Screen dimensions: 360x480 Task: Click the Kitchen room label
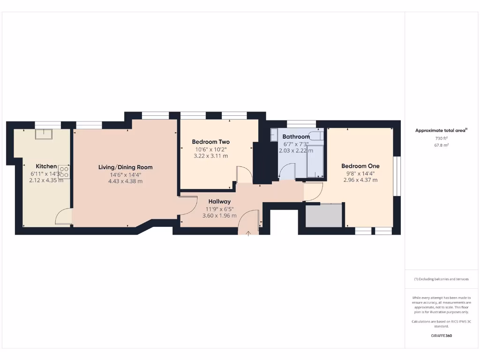pos(46,166)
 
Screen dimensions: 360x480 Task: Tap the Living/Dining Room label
pos(125,167)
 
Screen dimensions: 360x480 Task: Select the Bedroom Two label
pos(210,142)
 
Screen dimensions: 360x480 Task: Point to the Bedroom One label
pos(360,166)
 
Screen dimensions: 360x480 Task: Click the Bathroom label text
pos(296,137)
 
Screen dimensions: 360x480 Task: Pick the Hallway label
pos(219,202)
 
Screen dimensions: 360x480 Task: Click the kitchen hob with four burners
pos(64,172)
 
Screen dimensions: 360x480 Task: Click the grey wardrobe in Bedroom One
pos(324,215)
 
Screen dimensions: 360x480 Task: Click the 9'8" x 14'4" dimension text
pos(360,173)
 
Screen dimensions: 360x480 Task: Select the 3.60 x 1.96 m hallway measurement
pos(219,216)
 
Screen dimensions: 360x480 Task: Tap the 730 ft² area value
pos(442,139)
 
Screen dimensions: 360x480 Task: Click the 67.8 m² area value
pos(442,145)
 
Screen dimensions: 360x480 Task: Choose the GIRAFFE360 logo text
pos(442,336)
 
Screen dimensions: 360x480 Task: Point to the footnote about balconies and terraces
pos(441,279)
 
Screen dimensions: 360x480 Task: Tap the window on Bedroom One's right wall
pos(396,176)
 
